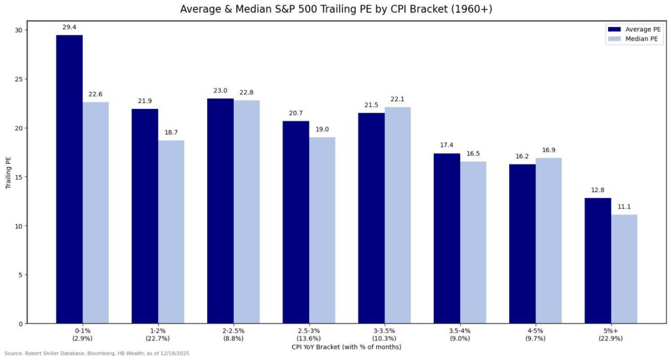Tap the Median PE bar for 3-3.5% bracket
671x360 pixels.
[397, 215]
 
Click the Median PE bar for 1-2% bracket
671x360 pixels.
[171, 231]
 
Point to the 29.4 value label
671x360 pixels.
[69, 27]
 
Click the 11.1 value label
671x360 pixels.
[623, 207]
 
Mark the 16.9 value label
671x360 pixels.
[548, 150]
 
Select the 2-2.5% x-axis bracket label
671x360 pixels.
[220, 334]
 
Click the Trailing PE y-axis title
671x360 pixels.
[8, 173]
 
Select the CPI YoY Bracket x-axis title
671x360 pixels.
[346, 347]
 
